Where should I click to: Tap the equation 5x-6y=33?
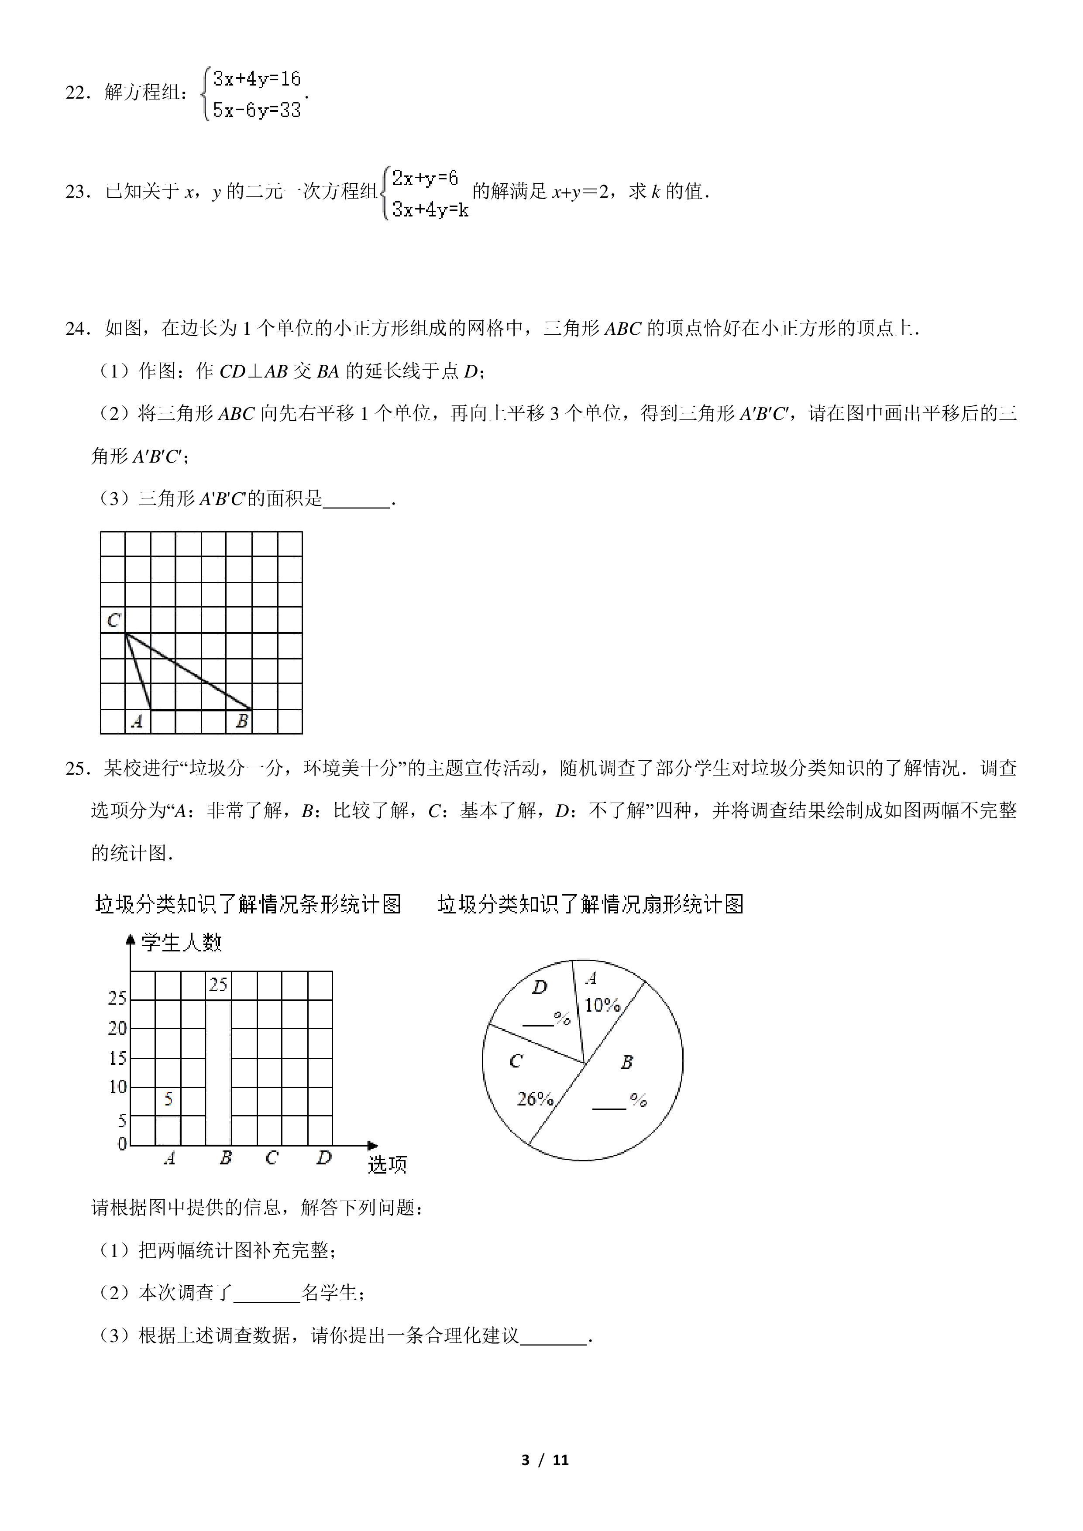[x=257, y=110]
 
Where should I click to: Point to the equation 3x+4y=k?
[x=430, y=209]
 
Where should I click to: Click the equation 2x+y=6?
[x=425, y=178]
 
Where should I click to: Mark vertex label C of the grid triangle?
[x=113, y=620]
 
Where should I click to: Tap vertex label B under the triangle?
[x=242, y=721]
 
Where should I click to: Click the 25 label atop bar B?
[x=218, y=984]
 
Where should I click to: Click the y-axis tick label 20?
[x=117, y=1027]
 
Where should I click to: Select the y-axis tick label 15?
[x=117, y=1057]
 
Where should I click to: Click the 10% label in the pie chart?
[x=602, y=1005]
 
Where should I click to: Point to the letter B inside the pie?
[x=626, y=1062]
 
